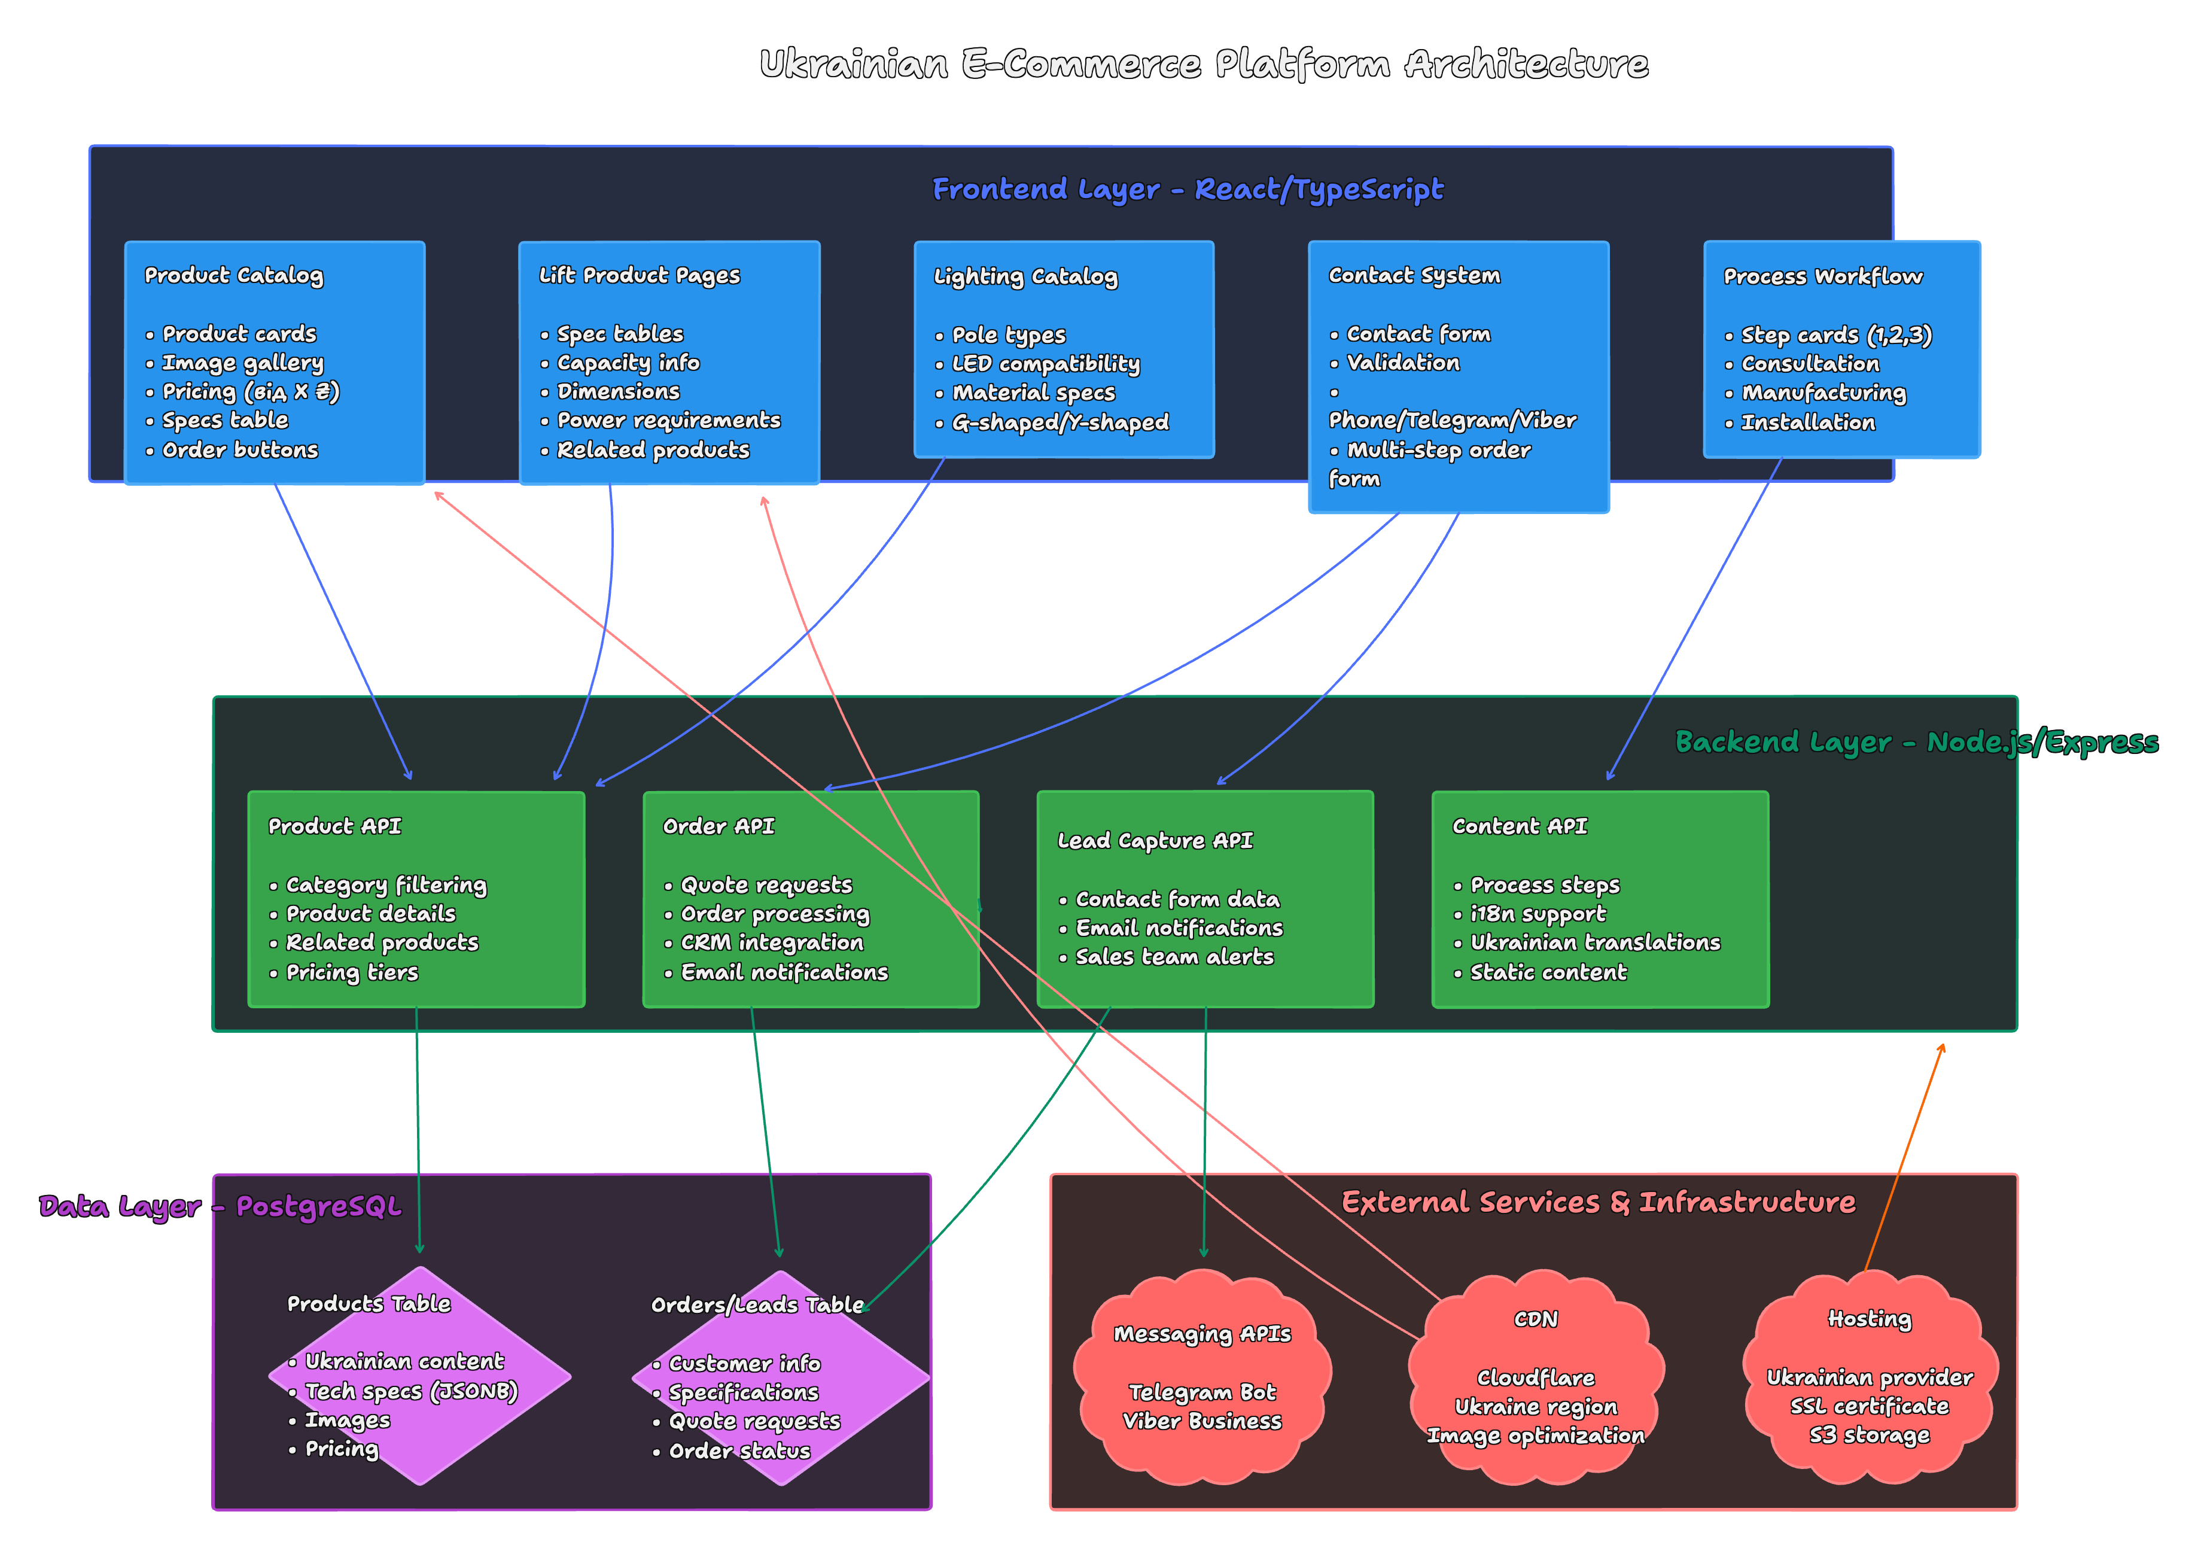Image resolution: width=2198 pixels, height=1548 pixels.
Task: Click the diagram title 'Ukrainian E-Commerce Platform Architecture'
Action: point(1203,64)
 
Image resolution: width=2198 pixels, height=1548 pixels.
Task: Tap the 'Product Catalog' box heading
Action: point(233,276)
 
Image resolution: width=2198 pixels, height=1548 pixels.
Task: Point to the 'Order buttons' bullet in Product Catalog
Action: point(239,450)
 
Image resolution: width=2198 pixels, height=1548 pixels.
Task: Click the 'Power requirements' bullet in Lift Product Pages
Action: point(668,420)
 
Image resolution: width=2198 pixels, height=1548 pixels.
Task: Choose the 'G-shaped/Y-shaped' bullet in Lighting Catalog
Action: point(1060,422)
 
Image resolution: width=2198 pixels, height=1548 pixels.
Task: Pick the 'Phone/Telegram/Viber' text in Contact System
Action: point(1451,420)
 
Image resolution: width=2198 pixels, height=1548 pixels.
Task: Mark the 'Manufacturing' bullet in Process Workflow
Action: point(1823,393)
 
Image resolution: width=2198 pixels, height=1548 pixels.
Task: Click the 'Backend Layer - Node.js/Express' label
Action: point(1916,742)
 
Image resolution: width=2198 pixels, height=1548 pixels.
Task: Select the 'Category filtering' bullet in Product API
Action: point(386,884)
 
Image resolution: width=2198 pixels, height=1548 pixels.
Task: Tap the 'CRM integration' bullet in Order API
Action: point(772,943)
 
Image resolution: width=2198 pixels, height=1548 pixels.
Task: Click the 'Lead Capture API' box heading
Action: point(1155,841)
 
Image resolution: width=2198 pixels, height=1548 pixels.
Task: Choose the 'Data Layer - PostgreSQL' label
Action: point(220,1206)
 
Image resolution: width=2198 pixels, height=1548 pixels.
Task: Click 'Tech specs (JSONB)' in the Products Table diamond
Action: point(410,1391)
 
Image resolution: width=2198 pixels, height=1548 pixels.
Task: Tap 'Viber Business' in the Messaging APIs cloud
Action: point(1201,1422)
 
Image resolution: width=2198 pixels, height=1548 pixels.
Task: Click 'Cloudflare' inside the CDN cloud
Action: point(1536,1377)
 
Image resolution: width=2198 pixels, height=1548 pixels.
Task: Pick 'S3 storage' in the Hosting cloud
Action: point(1869,1435)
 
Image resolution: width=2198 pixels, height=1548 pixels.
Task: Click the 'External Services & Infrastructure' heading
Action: point(1598,1202)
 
